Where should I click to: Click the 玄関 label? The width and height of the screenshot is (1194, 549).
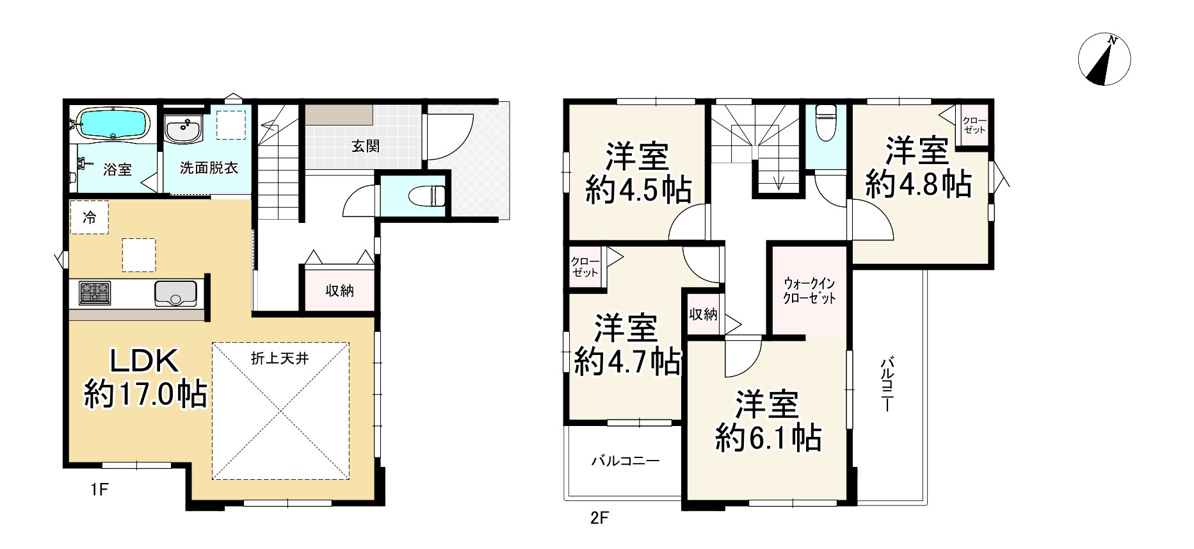pos(365,146)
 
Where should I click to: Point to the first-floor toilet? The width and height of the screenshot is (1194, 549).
pos(430,195)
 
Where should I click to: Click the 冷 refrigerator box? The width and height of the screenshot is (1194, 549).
pos(90,218)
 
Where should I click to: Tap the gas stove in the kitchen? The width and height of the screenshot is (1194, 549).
pos(95,293)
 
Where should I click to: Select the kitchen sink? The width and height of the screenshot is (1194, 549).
pos(175,293)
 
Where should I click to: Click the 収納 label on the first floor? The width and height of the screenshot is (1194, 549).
pos(339,291)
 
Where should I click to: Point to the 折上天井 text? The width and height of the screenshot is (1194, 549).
pos(280,358)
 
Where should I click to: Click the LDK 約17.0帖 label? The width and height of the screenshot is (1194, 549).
pos(145,379)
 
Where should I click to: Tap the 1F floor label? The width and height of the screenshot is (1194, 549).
pos(99,490)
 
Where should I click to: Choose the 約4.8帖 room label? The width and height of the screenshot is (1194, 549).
pos(918,168)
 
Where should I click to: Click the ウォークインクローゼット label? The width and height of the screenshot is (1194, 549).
pos(810,290)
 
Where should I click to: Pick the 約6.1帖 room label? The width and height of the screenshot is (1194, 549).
pos(768,422)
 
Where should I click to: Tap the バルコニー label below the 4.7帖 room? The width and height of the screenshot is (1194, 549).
pos(625,461)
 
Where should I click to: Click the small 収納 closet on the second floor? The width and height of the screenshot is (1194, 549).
pos(703,315)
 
